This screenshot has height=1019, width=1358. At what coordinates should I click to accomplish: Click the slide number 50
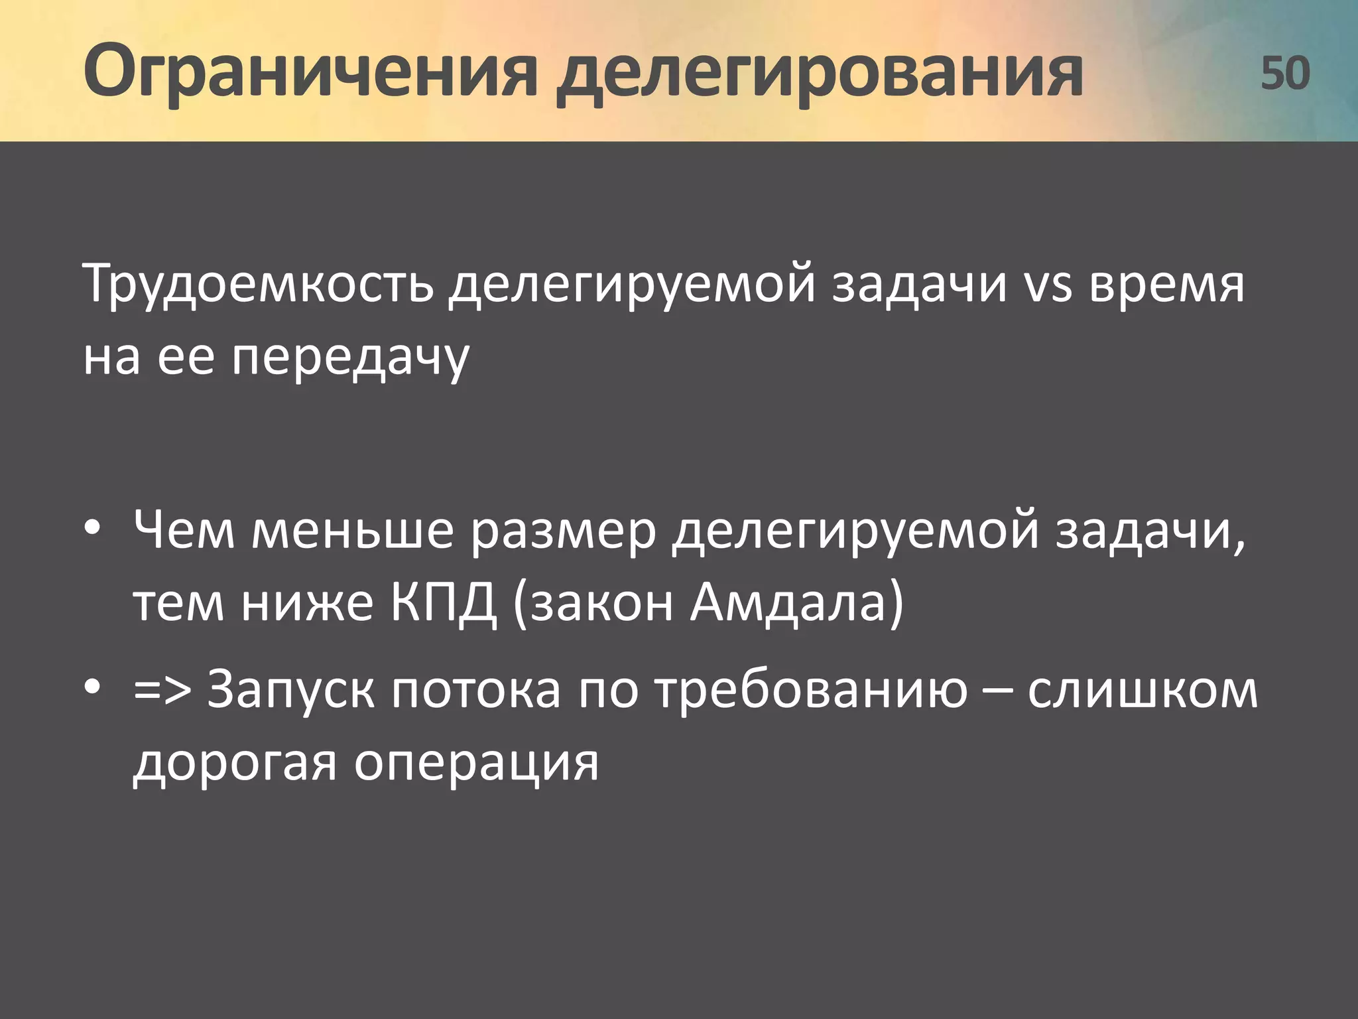(1284, 73)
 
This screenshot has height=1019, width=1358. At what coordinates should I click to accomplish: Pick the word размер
(563, 532)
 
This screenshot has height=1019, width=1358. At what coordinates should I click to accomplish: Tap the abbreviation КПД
(443, 604)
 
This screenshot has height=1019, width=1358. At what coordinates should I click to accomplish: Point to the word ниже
(307, 604)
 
